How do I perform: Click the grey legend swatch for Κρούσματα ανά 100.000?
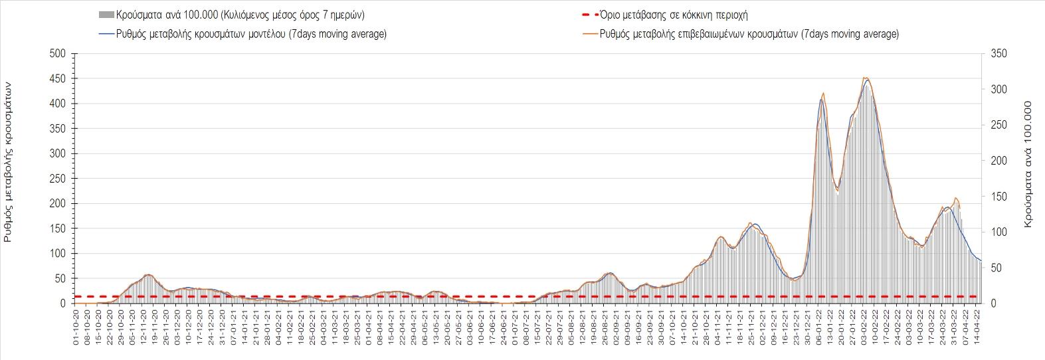(x=105, y=15)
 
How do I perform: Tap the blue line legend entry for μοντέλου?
(x=105, y=34)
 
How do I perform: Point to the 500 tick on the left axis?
(x=58, y=54)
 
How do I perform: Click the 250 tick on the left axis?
(x=58, y=179)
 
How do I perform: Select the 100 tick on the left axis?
(x=58, y=254)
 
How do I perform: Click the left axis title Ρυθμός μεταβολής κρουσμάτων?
(x=9, y=162)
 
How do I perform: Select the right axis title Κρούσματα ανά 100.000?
(x=1028, y=165)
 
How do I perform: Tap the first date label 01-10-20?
(x=76, y=326)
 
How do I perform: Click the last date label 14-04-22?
(x=976, y=326)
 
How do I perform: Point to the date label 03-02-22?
(x=864, y=326)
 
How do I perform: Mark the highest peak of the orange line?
(x=865, y=77)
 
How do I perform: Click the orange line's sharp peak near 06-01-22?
(x=824, y=93)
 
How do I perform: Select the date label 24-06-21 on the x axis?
(x=504, y=326)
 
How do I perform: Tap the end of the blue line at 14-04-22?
(x=981, y=260)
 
